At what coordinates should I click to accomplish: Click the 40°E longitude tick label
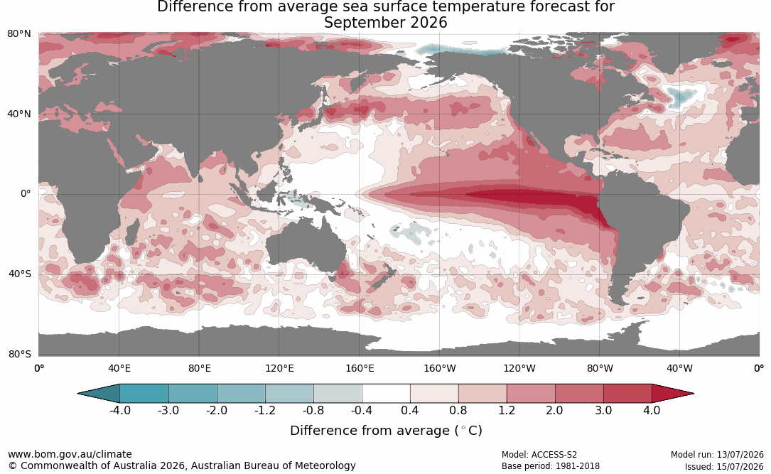click(119, 368)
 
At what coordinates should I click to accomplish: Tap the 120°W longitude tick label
click(519, 368)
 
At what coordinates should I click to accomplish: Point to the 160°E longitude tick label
click(360, 368)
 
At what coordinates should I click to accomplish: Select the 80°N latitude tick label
click(19, 34)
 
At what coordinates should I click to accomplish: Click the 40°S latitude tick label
click(20, 274)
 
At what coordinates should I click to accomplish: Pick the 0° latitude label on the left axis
click(26, 194)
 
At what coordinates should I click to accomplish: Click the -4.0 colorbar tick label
click(120, 410)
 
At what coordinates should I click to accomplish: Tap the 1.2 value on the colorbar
click(507, 410)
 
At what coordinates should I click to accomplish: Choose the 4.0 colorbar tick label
click(652, 410)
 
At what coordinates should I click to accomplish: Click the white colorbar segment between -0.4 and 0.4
click(386, 394)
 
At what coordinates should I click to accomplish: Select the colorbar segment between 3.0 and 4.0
click(627, 394)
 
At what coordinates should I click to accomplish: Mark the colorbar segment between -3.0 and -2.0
click(193, 394)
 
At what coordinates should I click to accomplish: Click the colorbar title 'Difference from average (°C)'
click(386, 431)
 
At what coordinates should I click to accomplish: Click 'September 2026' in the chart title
click(385, 23)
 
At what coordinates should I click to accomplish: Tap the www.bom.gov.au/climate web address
click(70, 454)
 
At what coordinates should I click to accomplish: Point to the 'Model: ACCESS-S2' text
click(539, 455)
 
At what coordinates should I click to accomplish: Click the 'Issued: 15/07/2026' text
click(724, 466)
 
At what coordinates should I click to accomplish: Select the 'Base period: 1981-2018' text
click(551, 466)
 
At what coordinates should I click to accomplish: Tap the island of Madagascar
click(131, 233)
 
